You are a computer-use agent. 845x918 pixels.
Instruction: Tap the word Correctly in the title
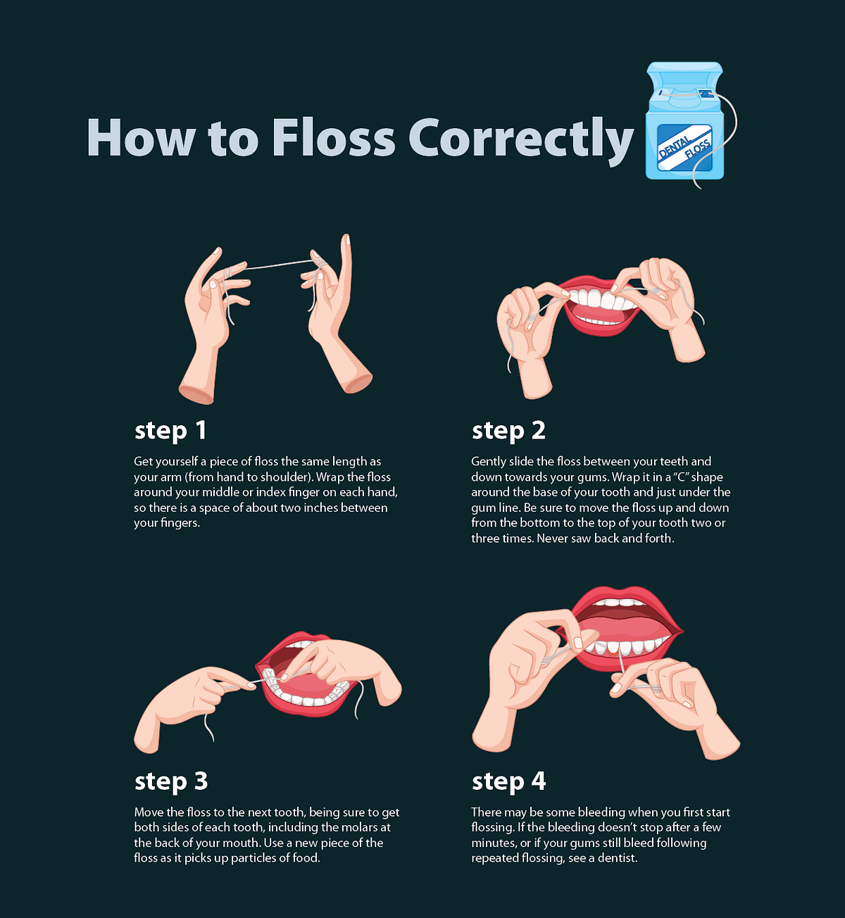521,139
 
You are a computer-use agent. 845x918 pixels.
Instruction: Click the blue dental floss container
685,123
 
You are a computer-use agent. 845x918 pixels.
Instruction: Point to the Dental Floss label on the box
685,148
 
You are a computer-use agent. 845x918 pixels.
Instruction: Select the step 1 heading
170,430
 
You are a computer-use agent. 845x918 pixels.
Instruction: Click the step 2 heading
508,430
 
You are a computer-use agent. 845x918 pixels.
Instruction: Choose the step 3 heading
171,781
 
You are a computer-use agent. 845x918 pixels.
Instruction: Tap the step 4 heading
508,781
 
